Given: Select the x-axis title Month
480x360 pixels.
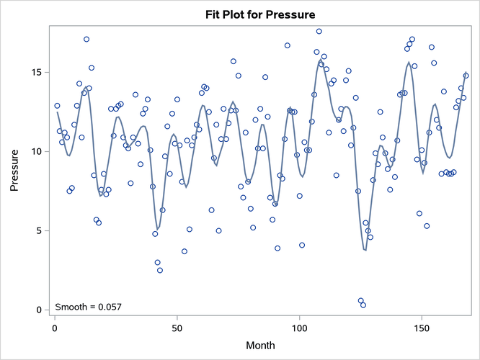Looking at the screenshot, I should pyautogui.click(x=260, y=346).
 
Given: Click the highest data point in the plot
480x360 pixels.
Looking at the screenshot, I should pyautogui.click(x=319, y=31).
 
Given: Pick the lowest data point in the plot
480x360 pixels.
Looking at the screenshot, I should pyautogui.click(x=363, y=305).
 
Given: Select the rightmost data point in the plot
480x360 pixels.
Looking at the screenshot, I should pyautogui.click(x=466, y=75).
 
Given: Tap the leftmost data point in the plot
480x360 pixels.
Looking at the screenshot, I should pyautogui.click(x=57, y=106).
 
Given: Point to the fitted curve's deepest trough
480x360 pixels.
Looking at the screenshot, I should pyautogui.click(x=365, y=250).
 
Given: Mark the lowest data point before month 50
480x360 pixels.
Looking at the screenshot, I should pyautogui.click(x=160, y=270).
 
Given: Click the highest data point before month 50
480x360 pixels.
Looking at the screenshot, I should pyautogui.click(x=86, y=39).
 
